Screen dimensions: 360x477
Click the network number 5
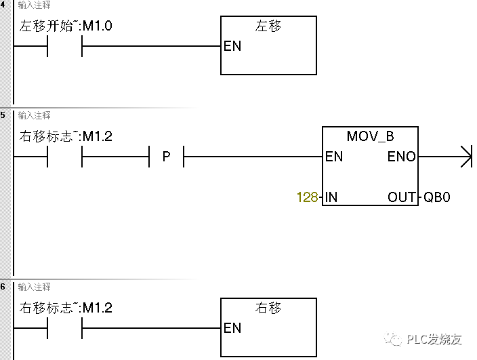click(3, 115)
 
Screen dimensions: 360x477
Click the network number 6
click(3, 287)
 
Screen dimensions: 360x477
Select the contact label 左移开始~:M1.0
click(67, 27)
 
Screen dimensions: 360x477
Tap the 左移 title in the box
click(268, 26)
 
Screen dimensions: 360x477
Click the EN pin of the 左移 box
click(232, 47)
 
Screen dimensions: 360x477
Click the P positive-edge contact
click(166, 157)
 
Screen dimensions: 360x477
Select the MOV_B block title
click(370, 136)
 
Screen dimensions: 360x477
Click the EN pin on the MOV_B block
click(334, 157)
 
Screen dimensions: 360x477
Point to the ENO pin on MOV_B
click(402, 157)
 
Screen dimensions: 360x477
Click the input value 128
click(307, 197)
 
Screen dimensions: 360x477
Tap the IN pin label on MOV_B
click(331, 197)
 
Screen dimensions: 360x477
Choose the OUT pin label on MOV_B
click(402, 197)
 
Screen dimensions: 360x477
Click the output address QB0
click(437, 197)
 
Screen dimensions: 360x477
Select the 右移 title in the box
click(268, 308)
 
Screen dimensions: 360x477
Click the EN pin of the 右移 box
click(232, 328)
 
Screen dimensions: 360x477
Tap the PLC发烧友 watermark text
click(434, 340)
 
